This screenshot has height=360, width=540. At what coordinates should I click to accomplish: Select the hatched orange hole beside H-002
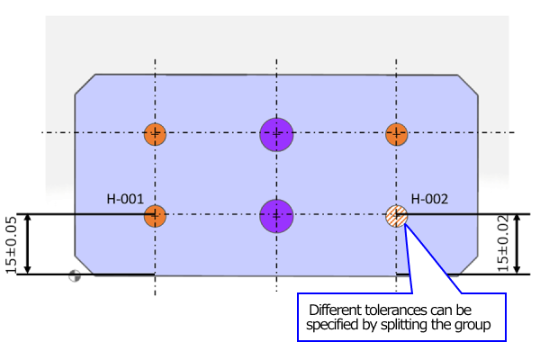coord(397,216)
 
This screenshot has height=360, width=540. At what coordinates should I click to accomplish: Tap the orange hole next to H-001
coord(155,216)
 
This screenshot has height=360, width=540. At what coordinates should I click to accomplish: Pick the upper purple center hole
coord(277,134)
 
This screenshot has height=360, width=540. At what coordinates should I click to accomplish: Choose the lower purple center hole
coord(277,216)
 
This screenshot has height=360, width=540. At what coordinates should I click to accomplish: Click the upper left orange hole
coord(155,135)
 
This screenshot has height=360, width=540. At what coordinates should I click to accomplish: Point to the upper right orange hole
coord(397,135)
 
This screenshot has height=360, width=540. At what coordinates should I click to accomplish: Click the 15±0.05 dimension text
coord(11,244)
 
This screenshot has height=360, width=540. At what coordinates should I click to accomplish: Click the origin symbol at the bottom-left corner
coord(75,277)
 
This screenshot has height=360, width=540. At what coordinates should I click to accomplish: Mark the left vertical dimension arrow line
coord(28,244)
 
